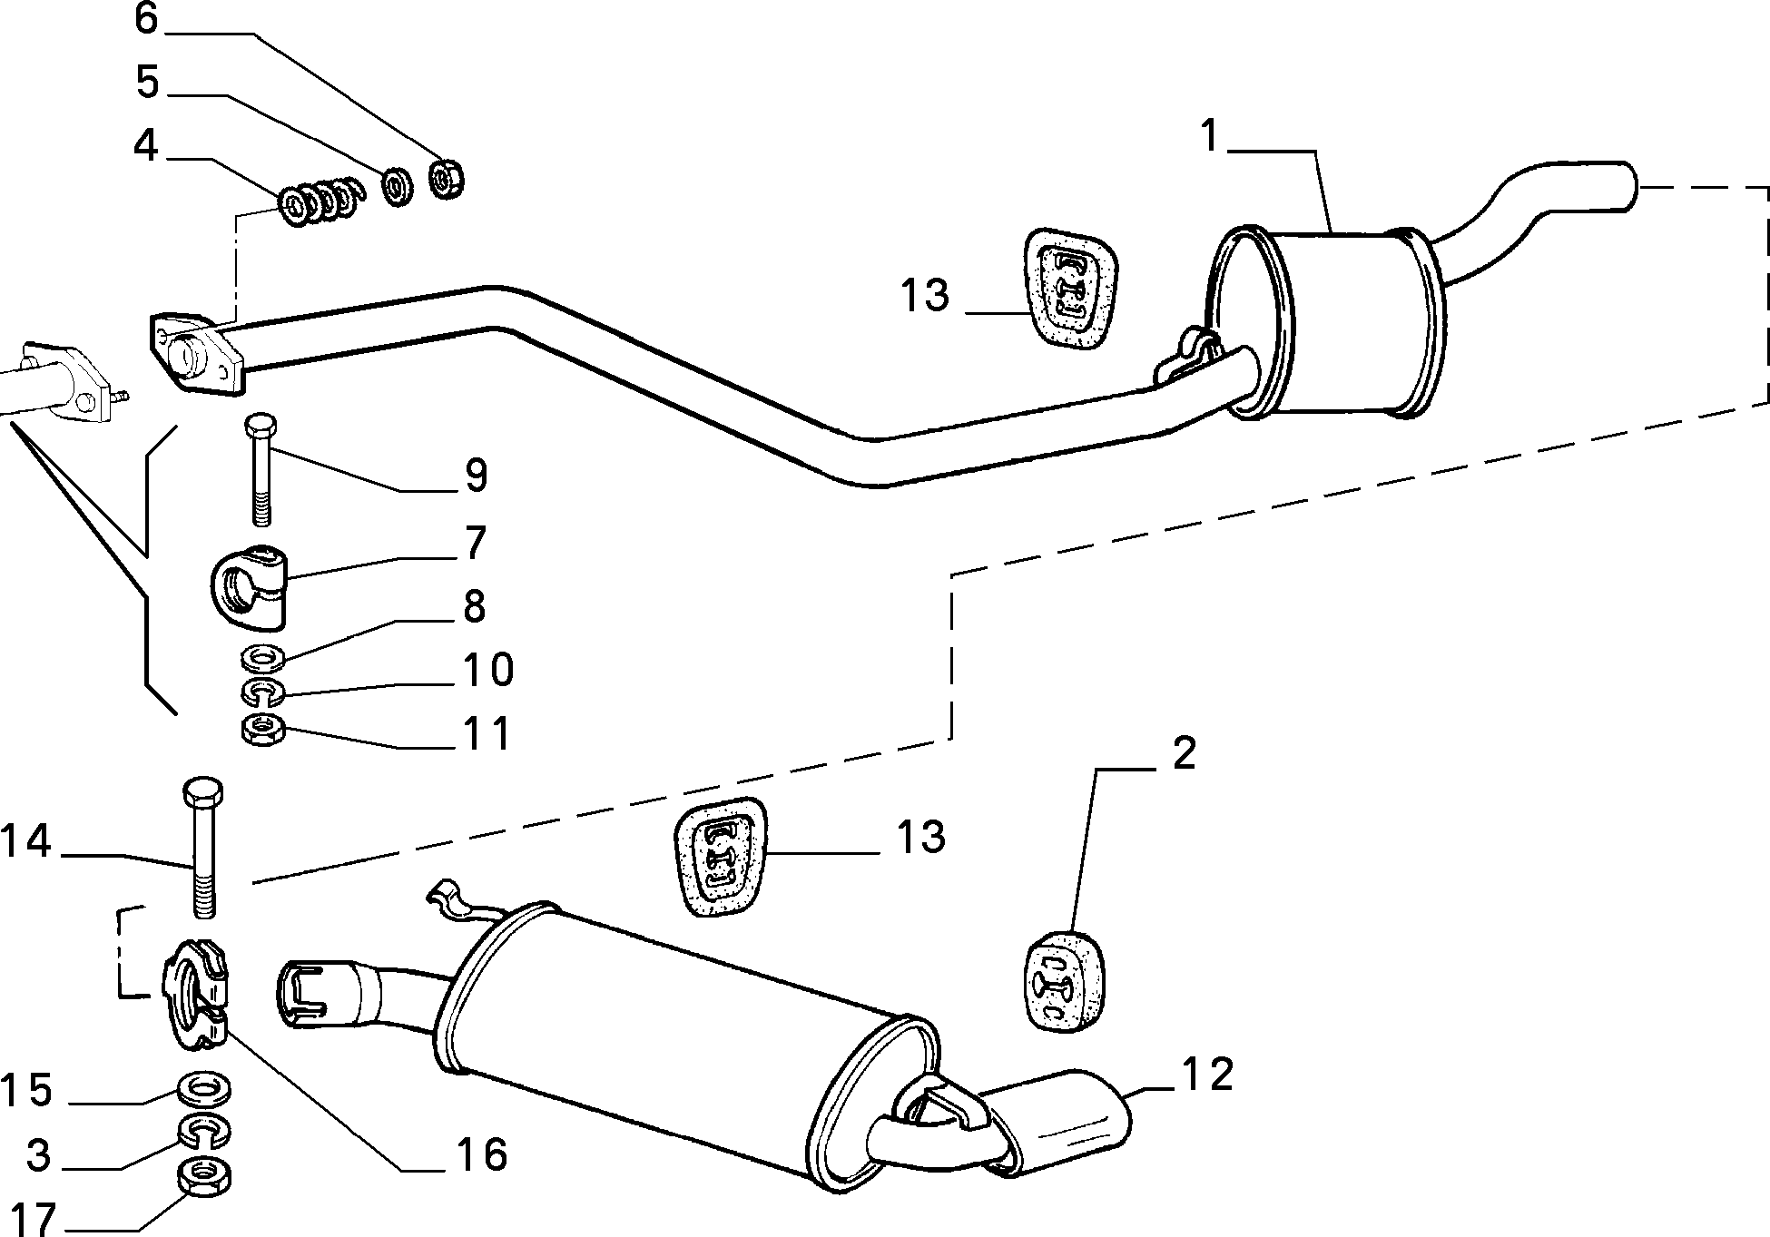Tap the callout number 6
[x=147, y=18]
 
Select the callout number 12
[x=1207, y=1075]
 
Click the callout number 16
[x=482, y=1154]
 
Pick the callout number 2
[x=1184, y=753]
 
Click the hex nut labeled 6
[x=446, y=178]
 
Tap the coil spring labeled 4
[x=320, y=205]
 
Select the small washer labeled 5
[x=396, y=185]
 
